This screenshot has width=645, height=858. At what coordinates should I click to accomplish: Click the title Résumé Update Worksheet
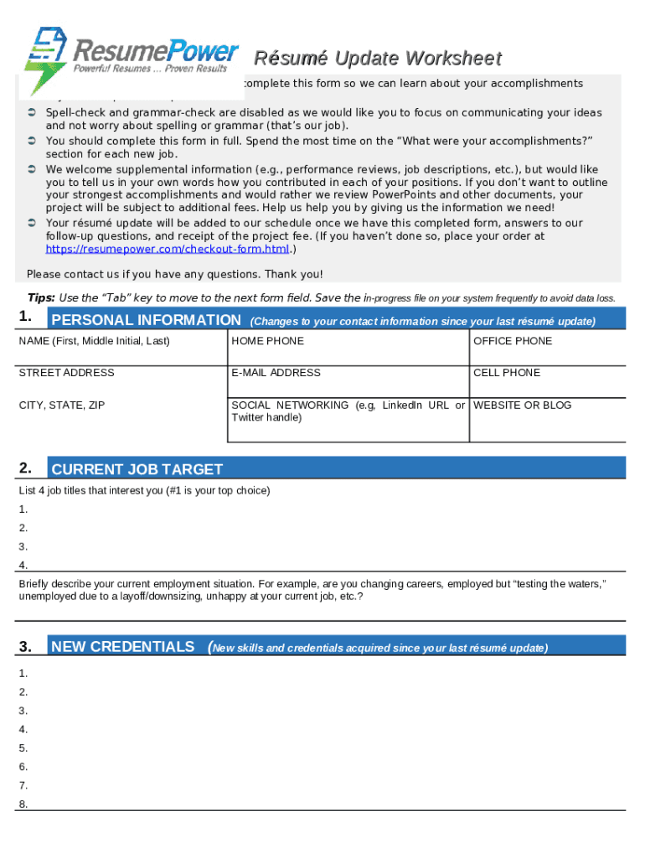[377, 59]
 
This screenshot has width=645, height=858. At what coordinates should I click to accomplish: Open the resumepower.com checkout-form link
[167, 250]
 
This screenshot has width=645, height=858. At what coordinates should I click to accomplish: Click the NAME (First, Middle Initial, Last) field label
[94, 341]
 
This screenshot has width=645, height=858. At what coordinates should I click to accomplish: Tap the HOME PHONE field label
[267, 341]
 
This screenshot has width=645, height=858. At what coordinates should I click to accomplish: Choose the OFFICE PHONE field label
[513, 341]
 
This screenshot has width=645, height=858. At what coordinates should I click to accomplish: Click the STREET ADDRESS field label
[66, 373]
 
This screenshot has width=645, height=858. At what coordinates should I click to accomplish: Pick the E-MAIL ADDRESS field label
[276, 373]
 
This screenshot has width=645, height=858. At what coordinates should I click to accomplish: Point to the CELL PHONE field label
[507, 373]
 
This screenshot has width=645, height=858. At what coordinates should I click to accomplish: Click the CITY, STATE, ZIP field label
[62, 406]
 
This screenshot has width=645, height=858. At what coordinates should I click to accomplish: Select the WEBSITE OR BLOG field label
[522, 406]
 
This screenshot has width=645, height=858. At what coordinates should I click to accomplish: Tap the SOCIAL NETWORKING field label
[290, 406]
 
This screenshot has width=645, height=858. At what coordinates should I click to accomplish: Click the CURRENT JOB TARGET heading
[137, 469]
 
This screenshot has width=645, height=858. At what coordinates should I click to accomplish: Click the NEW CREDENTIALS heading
[122, 647]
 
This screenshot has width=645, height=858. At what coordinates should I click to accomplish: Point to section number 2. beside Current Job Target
[26, 468]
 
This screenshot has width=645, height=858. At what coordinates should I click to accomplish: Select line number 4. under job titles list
[23, 565]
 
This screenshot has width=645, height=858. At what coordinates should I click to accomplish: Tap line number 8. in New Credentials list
[23, 804]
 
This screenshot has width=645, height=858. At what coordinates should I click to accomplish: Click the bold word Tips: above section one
[42, 297]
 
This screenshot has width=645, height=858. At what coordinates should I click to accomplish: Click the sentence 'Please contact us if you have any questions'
[174, 274]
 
